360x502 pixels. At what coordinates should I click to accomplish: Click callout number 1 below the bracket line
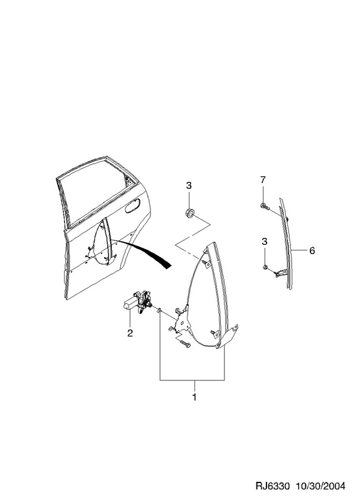pos(194,397)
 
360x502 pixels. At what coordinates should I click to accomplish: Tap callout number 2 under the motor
pos(130,333)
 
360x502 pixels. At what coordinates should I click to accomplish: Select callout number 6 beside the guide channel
pos(312,250)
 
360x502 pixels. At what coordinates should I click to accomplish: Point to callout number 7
pos(263,180)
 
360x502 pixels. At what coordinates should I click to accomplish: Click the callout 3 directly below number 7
pos(264,242)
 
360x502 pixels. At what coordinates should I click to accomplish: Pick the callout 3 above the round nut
pos(189,185)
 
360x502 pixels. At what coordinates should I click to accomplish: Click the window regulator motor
pos(137,302)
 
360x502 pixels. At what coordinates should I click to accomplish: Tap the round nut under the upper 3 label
pos(189,213)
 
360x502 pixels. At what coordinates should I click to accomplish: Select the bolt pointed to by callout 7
pos(265,206)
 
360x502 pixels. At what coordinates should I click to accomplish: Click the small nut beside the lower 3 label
pos(265,267)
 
